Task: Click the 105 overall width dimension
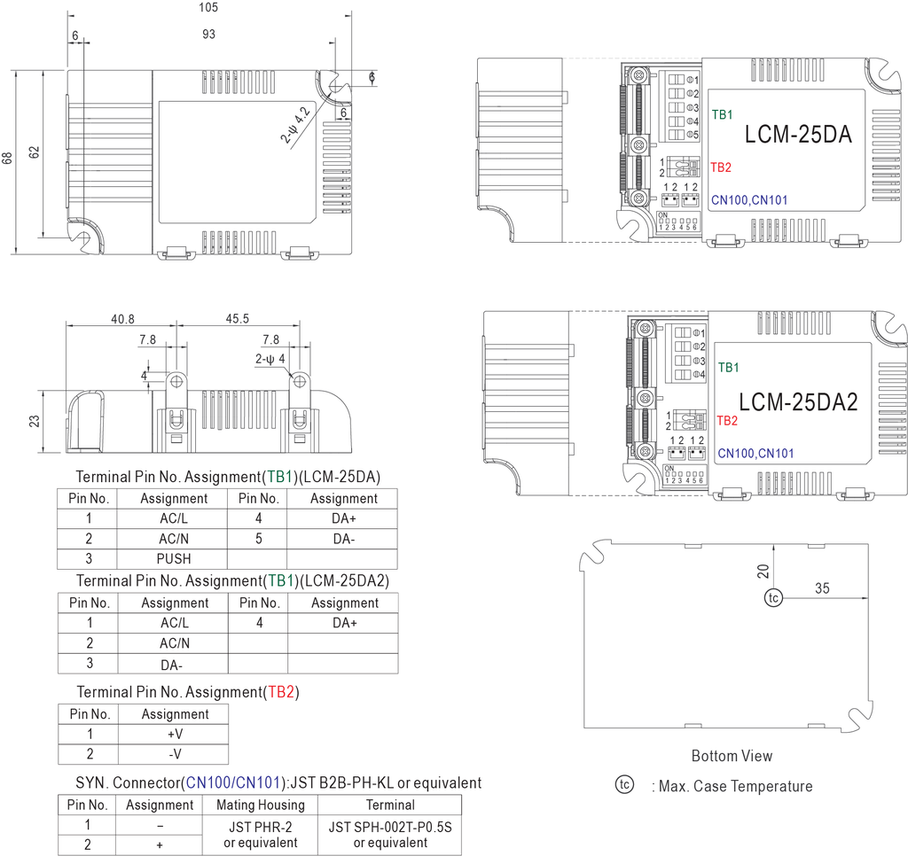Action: (207, 8)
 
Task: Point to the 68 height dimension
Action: (8, 158)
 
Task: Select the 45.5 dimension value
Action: (238, 318)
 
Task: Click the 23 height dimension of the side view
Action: (35, 420)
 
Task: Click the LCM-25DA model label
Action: (798, 135)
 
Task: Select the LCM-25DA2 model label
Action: (798, 401)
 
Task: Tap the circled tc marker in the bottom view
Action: (774, 599)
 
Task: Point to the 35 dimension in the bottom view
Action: (822, 588)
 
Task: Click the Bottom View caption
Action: (732, 756)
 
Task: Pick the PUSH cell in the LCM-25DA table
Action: (174, 559)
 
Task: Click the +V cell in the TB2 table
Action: (175, 734)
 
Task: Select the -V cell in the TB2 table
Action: (175, 754)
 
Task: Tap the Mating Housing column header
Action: (260, 805)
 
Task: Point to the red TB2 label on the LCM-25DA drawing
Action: (721, 167)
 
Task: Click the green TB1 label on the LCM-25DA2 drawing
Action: (728, 367)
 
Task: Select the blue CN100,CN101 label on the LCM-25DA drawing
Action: (749, 201)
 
